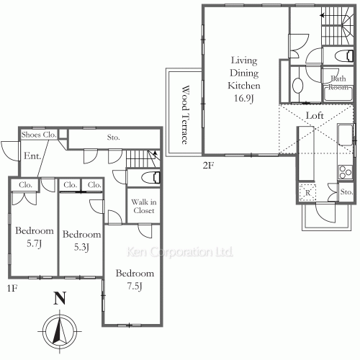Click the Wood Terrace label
(186, 114)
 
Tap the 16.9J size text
(244, 99)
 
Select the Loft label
(315, 116)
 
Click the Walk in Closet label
(144, 206)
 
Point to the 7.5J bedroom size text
(135, 287)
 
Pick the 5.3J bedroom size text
(81, 247)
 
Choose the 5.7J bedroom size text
(35, 244)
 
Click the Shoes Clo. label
(39, 135)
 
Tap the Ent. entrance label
(32, 156)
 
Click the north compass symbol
(60, 331)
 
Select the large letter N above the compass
(60, 298)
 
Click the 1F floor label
(12, 288)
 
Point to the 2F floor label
(208, 166)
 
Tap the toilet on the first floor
(150, 178)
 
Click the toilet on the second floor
(344, 56)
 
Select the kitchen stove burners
(346, 172)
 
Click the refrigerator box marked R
(307, 192)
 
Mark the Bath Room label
(338, 83)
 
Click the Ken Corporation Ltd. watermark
(180, 252)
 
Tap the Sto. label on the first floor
(113, 138)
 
